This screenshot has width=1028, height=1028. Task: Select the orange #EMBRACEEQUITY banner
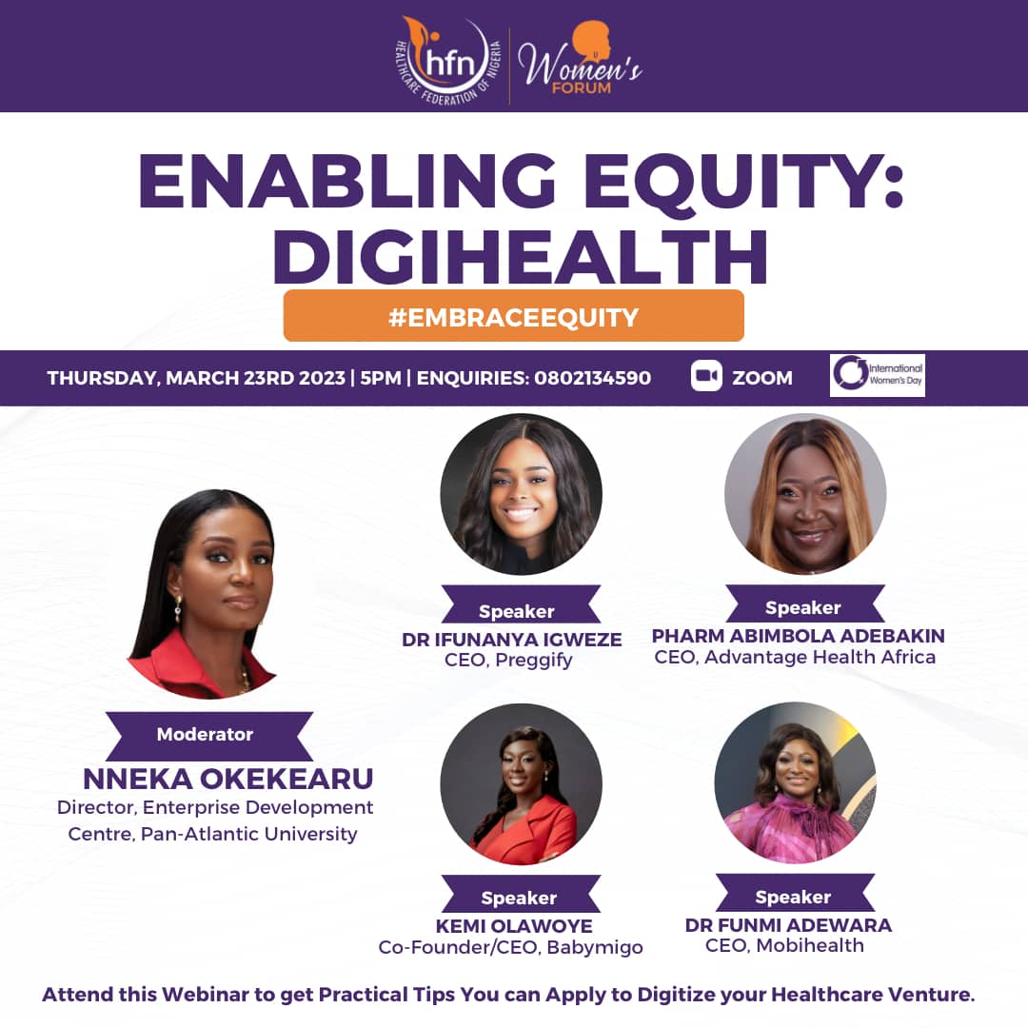[513, 316]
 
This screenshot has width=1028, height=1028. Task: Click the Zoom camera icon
[706, 377]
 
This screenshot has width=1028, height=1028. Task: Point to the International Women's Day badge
[877, 375]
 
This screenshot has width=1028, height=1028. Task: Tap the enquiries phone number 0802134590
[592, 378]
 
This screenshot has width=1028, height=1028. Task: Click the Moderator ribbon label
[205, 735]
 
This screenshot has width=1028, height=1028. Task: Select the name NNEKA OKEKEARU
[228, 780]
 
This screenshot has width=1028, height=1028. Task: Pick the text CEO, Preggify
[508, 661]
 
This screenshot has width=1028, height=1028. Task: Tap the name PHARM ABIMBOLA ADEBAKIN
[798, 636]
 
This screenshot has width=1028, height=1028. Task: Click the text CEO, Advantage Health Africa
[795, 658]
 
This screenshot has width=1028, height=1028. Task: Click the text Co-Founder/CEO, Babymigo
[510, 948]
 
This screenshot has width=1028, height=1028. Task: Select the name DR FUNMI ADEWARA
[788, 925]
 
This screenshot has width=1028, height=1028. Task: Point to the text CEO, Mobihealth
[784, 946]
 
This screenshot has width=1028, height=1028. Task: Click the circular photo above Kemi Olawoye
[521, 784]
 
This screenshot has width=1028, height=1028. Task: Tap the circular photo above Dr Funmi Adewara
[795, 782]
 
